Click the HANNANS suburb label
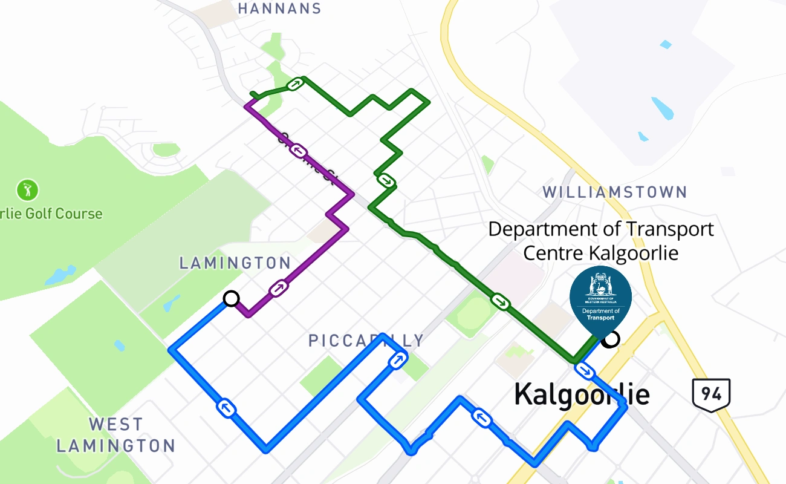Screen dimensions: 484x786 click(279, 8)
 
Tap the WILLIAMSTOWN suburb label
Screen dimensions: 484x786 click(614, 192)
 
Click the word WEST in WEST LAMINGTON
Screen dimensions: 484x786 click(115, 423)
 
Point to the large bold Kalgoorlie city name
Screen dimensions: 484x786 click(582, 394)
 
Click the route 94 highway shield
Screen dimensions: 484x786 click(711, 394)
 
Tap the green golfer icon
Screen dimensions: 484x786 click(27, 190)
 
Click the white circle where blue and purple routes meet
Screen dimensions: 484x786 click(231, 298)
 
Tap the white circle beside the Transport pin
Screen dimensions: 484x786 click(611, 339)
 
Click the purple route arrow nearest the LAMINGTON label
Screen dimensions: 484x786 click(278, 288)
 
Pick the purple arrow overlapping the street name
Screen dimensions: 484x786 click(297, 149)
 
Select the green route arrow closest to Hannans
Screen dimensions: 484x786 click(294, 84)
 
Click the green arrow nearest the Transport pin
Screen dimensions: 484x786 click(500, 301)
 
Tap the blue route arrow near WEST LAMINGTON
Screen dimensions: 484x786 click(227, 408)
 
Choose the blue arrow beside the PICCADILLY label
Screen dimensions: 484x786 click(397, 361)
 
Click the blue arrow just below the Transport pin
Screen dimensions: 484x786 click(583, 370)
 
